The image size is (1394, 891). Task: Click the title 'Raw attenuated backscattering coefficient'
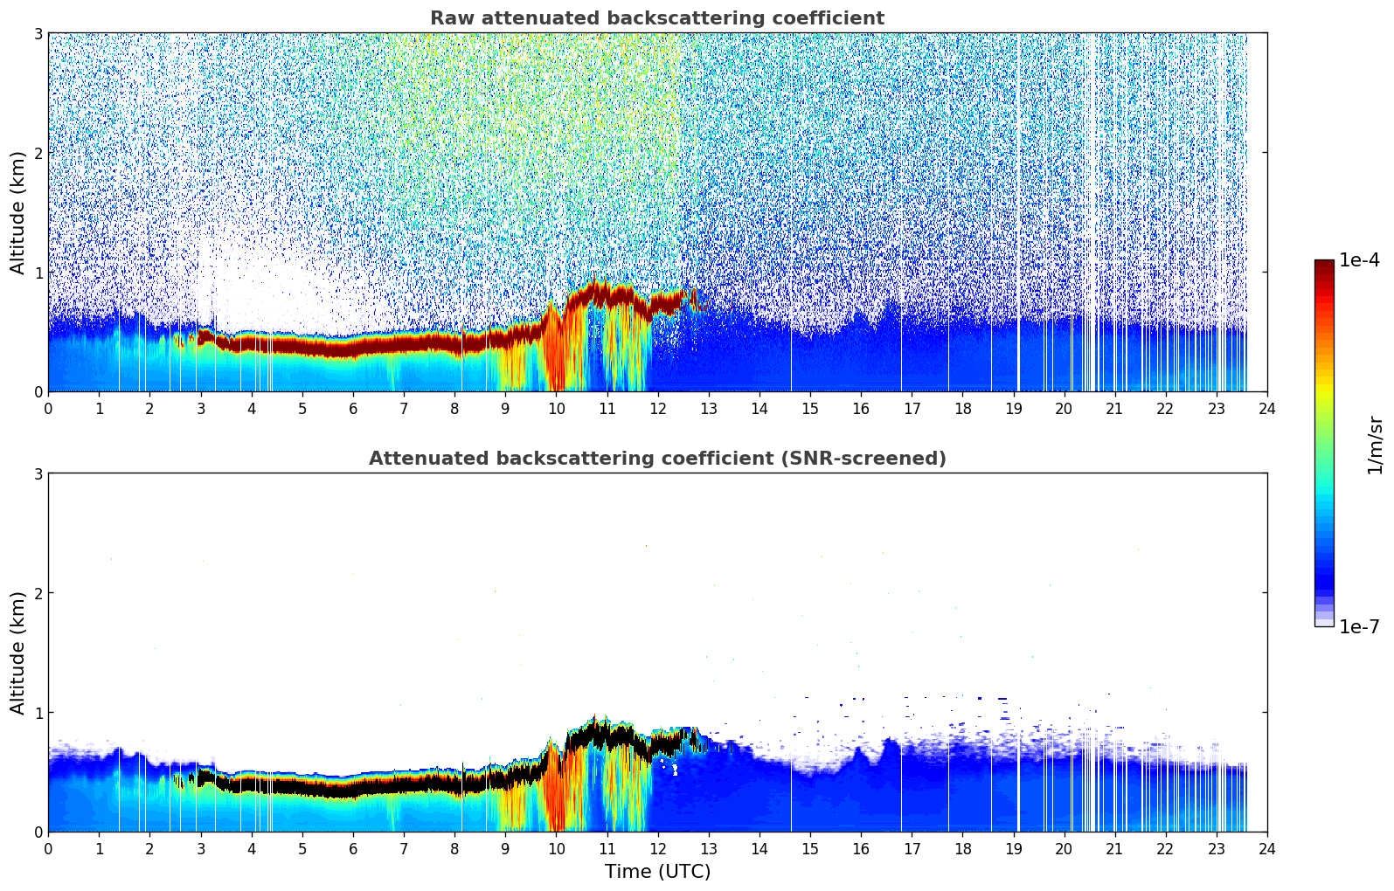[656, 18]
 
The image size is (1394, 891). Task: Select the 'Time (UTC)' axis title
[657, 872]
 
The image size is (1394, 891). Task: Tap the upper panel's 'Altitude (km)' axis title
[18, 212]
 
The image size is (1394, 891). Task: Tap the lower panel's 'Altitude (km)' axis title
[18, 653]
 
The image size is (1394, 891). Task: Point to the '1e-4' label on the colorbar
[1359, 260]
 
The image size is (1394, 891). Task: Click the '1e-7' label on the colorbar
[1359, 626]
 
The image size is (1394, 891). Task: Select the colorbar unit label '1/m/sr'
[1375, 445]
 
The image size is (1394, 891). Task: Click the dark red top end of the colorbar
[1324, 264]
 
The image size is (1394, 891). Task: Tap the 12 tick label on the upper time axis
[657, 408]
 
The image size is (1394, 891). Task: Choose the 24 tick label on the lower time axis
[1267, 848]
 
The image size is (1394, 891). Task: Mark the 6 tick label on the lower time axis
[353, 848]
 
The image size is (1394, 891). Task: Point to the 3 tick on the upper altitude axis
[38, 33]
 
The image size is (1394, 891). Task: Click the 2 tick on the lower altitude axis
[38, 593]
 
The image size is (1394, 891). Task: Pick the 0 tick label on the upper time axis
[48, 408]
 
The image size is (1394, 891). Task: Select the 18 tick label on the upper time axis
[962, 408]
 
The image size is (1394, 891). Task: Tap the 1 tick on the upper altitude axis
[38, 273]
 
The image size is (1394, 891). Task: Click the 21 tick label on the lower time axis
[1114, 848]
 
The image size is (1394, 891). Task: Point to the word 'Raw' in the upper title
[448, 18]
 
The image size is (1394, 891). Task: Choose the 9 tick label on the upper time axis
[505, 408]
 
